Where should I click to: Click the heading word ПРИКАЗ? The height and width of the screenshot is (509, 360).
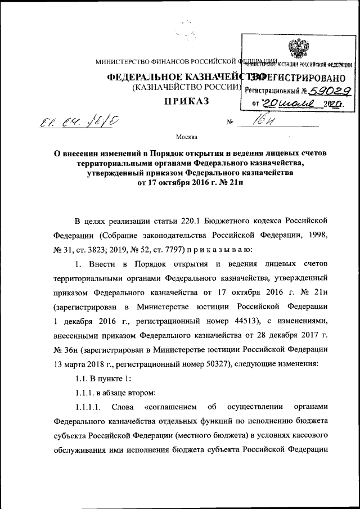(186, 101)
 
